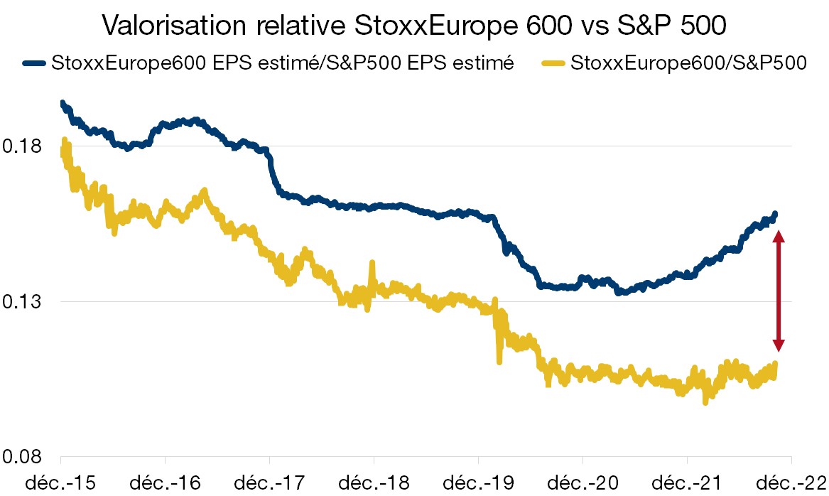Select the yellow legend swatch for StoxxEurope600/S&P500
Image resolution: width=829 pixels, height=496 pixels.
pos(556,63)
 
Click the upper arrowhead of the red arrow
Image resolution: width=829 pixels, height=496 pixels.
pos(779,238)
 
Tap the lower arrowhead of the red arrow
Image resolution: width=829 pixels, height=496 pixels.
pos(779,344)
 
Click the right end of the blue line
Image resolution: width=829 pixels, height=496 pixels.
pos(775,214)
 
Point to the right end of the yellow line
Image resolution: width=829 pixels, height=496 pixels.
pos(775,364)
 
